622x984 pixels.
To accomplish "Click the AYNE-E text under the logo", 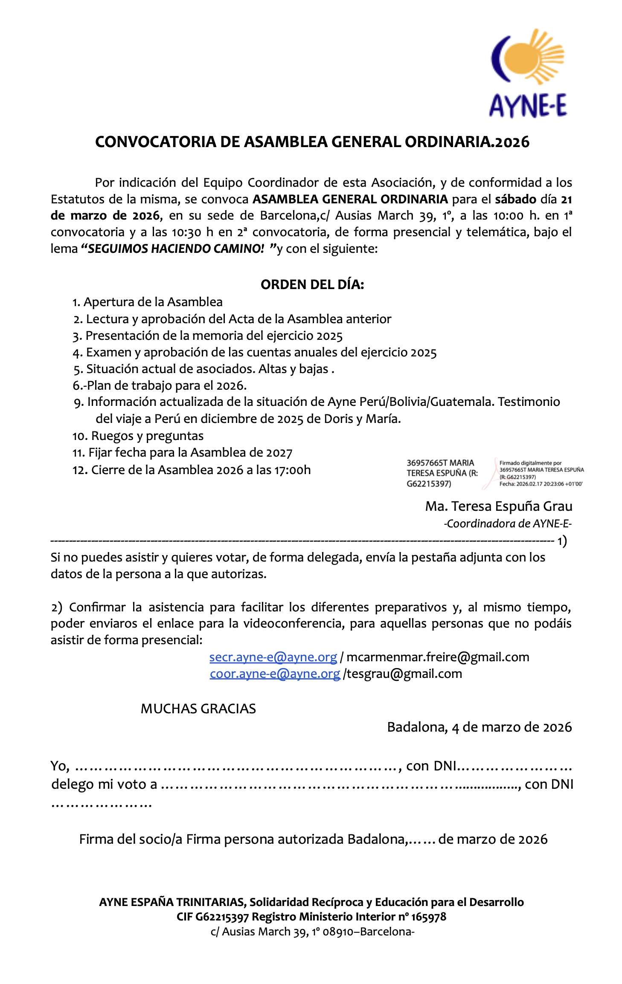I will [x=528, y=106].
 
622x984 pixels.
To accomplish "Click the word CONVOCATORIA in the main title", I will [x=156, y=142].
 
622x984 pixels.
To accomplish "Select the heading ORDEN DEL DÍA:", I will [x=312, y=285].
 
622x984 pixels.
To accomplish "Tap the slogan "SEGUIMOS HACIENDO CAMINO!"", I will [x=176, y=249].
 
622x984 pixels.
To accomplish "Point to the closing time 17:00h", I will [x=292, y=470].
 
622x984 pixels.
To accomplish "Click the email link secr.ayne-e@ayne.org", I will [x=273, y=657].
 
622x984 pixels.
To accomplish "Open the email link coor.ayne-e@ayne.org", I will [x=275, y=674].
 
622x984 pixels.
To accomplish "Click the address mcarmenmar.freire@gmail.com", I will [x=438, y=657].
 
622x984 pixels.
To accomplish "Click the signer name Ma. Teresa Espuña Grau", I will [x=498, y=506].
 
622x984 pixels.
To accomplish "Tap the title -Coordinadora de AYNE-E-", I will [x=507, y=524].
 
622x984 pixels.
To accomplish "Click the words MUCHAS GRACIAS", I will [x=198, y=709].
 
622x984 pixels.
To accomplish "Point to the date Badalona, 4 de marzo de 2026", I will [x=479, y=727].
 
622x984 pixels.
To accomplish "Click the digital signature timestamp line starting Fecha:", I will [x=541, y=484].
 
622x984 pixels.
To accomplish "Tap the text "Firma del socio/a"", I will [x=131, y=839].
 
